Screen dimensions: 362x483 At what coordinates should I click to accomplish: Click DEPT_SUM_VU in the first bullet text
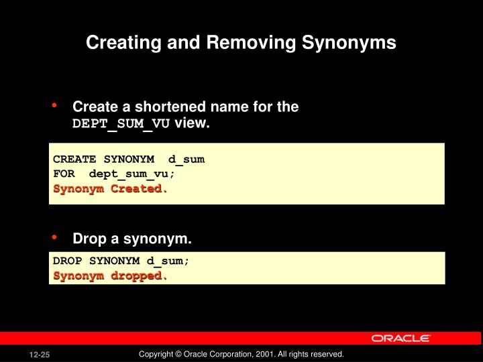tap(121, 125)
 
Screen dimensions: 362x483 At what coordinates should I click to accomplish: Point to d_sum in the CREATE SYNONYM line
tap(186, 160)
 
